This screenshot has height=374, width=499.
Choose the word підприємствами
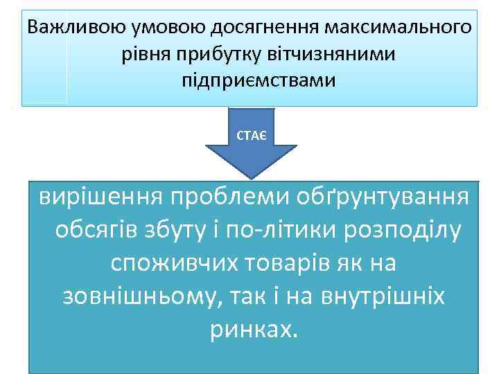pos(249,80)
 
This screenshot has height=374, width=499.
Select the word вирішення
pos(97,198)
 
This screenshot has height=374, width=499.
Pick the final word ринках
pos(252,330)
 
